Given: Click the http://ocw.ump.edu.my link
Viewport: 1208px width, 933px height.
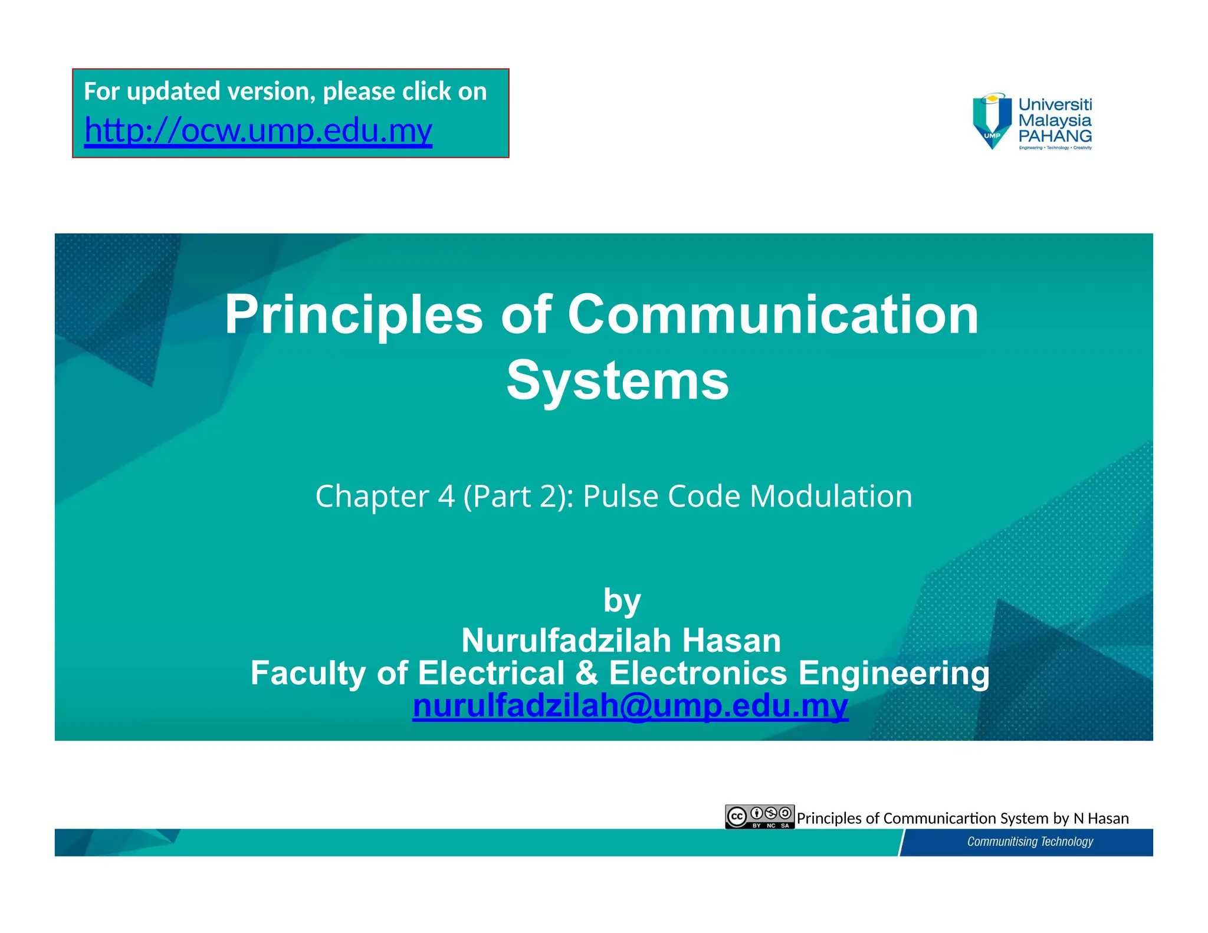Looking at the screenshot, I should pos(258,130).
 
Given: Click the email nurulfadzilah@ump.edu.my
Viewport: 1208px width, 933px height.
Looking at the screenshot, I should pos(630,706).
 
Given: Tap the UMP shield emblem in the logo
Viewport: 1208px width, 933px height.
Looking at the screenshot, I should pos(993,121).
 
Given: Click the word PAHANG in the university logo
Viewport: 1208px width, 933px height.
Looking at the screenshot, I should pos(1055,136).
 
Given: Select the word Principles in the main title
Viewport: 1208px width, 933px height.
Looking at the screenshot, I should pos(353,316).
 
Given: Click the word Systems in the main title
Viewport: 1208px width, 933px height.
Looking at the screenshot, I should pos(618,381).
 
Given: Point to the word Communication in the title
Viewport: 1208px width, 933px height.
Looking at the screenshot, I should pos(773,316).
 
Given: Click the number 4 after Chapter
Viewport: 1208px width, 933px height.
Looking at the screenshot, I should pos(446,496).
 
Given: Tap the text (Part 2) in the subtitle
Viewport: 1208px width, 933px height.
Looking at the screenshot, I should pos(518,496).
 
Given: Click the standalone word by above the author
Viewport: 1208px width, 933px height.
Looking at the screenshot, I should pos(622,602).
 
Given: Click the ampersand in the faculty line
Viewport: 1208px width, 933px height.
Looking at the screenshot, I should pos(586,673).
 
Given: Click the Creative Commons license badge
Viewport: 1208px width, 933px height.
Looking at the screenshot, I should pos(760,817).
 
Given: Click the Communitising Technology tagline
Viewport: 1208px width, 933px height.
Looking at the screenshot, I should pos(1029,842).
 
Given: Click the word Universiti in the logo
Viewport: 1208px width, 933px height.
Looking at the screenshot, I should pos(1055,104).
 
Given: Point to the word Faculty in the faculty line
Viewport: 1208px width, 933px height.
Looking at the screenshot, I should pos(308,673).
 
